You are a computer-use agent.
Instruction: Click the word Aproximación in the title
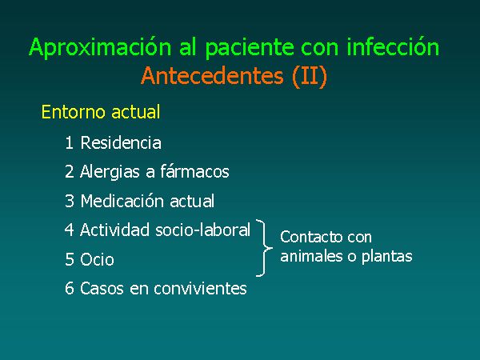tap(100, 47)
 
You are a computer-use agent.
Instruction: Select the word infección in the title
tap(393, 46)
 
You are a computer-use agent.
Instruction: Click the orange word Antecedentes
tap(212, 76)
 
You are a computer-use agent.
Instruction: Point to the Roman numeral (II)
tap(310, 76)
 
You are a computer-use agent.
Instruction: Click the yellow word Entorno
tap(74, 112)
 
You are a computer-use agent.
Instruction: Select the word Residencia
tap(121, 142)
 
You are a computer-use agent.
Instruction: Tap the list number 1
tap(69, 142)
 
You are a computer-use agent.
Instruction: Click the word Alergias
tap(110, 172)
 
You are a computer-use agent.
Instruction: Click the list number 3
tap(70, 201)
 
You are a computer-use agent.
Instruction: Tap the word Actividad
tap(114, 230)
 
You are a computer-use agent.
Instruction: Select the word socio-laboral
tap(203, 230)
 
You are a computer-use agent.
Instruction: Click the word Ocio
tap(97, 259)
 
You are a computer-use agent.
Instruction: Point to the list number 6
tap(70, 288)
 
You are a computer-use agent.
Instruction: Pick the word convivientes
tap(200, 289)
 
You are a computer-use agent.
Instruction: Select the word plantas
tap(387, 257)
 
